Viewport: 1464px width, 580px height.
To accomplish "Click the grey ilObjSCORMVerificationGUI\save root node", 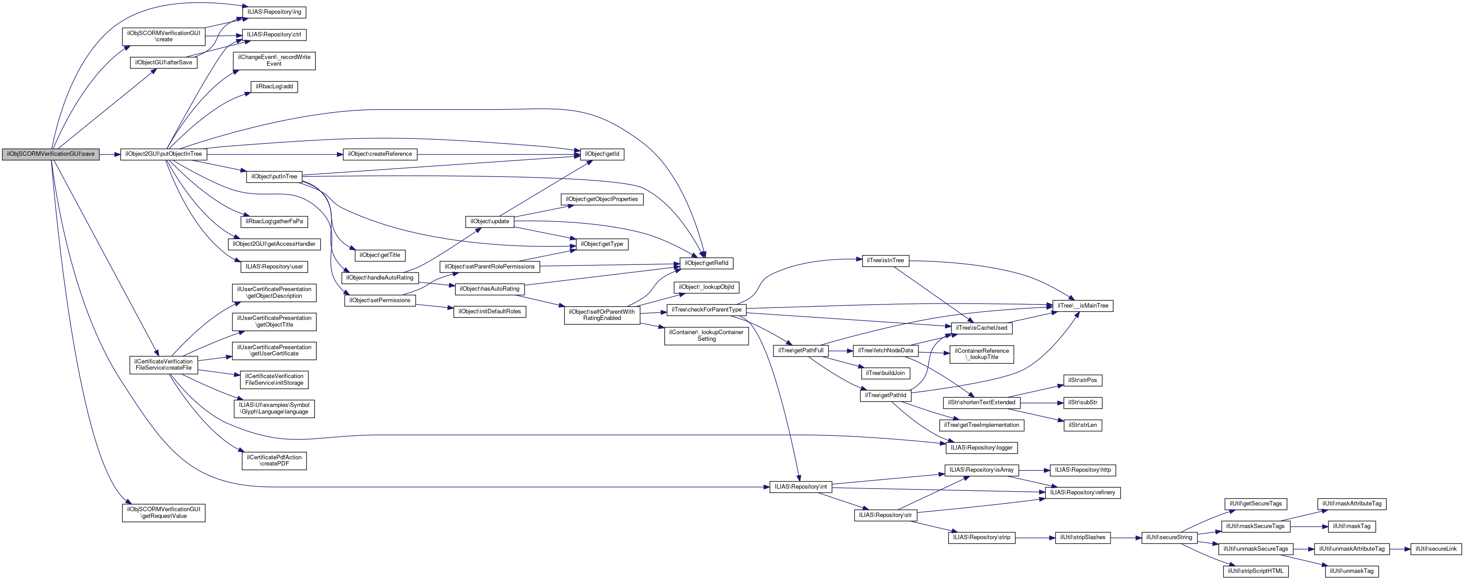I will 51,154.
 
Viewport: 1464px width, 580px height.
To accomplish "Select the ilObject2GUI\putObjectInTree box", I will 163,154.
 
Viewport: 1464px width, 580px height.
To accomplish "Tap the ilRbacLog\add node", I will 274,87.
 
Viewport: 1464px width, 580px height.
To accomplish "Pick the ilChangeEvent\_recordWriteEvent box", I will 274,60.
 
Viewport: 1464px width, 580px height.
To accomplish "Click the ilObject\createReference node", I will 380,154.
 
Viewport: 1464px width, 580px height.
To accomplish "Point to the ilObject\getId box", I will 602,154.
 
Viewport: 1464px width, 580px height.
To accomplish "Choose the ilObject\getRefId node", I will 706,263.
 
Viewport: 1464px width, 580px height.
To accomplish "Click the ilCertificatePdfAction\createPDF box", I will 274,461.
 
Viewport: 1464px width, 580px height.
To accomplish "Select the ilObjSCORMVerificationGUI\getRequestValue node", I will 164,513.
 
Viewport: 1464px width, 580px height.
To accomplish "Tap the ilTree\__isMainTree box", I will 1082,306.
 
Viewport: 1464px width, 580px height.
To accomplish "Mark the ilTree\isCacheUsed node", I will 981,328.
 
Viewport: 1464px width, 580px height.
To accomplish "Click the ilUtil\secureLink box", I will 1436,549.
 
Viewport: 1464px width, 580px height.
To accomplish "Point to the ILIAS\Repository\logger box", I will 981,447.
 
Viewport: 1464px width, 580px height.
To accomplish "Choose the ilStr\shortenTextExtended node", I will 981,402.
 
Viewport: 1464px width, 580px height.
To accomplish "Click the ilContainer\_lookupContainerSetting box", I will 706,335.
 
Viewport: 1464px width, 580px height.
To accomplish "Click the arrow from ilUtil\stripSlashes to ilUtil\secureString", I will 1125,537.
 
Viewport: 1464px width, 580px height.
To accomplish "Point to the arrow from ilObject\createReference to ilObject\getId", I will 498,154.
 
